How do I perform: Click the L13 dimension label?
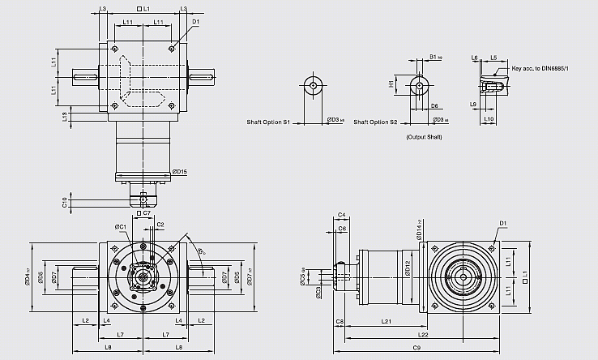(x=65, y=116)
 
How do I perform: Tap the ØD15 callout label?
(x=180, y=171)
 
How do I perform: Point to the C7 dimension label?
(x=147, y=212)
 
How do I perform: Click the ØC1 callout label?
(x=119, y=226)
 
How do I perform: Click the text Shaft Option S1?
(x=268, y=122)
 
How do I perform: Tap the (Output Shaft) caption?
(x=424, y=138)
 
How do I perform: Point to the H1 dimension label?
(x=391, y=84)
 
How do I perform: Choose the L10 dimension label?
(x=489, y=120)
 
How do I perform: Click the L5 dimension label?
(x=493, y=58)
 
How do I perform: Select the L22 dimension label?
(x=422, y=334)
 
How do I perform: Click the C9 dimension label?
(x=416, y=348)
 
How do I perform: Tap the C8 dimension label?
(x=340, y=323)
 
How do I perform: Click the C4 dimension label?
(x=341, y=215)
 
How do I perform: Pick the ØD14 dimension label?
(x=419, y=232)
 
